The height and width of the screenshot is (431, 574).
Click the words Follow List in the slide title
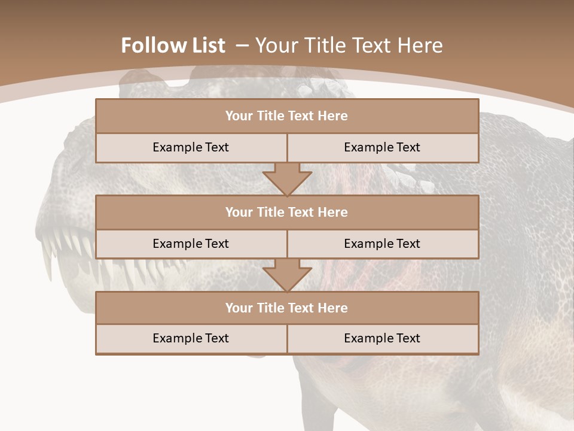tap(173, 45)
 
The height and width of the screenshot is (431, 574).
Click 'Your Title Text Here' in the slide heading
tap(349, 45)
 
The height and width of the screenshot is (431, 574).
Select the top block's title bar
tap(287, 116)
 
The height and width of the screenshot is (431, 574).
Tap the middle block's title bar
tap(287, 213)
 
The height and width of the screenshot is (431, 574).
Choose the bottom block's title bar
tap(287, 308)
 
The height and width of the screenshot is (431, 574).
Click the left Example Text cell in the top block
tap(191, 147)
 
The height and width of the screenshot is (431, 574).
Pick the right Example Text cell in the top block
tap(382, 147)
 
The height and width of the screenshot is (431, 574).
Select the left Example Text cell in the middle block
tap(191, 244)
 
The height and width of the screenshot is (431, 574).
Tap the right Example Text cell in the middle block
tap(382, 244)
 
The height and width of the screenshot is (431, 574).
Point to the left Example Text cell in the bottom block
tap(191, 338)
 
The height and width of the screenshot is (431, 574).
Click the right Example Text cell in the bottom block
tap(382, 338)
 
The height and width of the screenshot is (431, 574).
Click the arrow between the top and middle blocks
tap(287, 178)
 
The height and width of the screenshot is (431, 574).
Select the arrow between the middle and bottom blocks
tap(287, 275)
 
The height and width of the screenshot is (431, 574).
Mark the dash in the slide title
tap(242, 45)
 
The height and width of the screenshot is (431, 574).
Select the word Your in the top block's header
tap(239, 116)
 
